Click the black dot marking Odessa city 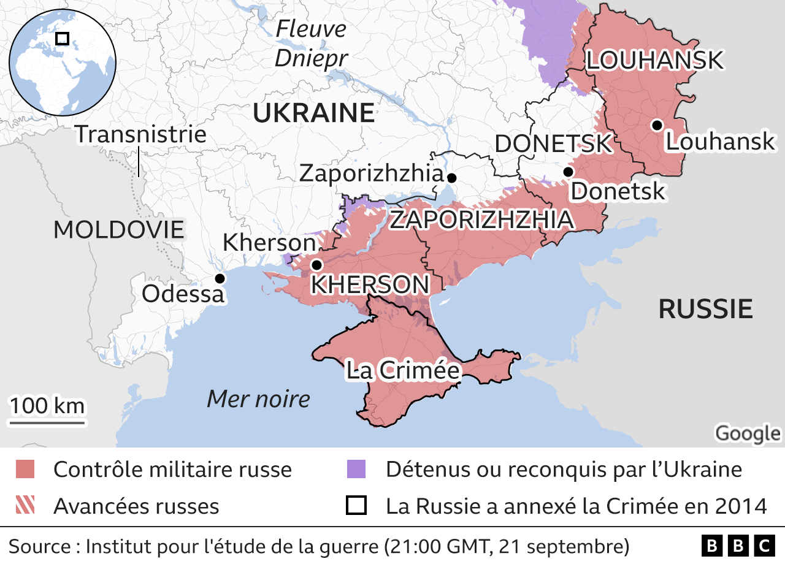(220, 278)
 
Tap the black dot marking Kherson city (316, 265)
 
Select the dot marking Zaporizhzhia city (452, 178)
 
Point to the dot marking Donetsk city (569, 171)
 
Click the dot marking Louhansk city (657, 125)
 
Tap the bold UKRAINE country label (313, 113)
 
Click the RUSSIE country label (705, 309)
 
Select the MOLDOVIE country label (119, 229)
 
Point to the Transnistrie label (140, 134)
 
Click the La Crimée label (403, 370)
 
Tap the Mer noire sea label (258, 399)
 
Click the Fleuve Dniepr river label (311, 44)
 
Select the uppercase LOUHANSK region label (655, 61)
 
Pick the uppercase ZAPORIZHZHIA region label (482, 219)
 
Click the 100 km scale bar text (47, 406)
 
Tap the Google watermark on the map (748, 433)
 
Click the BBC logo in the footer (738, 545)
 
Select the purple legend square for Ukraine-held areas (356, 470)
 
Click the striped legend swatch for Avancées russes (25, 505)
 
